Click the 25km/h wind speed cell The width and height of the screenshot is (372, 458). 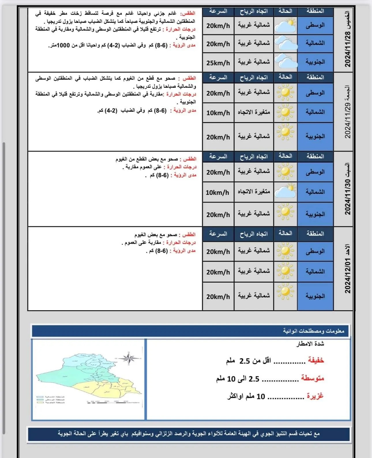(x=218, y=63)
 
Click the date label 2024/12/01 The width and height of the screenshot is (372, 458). (x=347, y=276)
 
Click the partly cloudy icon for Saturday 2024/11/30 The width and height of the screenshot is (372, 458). (x=285, y=191)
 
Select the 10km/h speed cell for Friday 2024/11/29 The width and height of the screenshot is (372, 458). (x=218, y=113)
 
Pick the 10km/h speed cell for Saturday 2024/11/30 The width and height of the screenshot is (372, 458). (x=217, y=192)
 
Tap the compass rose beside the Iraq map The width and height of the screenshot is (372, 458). (x=129, y=358)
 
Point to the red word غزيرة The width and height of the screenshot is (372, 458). (x=315, y=396)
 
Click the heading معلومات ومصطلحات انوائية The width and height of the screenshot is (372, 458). (x=313, y=331)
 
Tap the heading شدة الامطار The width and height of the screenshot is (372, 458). (x=310, y=344)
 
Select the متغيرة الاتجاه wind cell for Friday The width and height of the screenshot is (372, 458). (x=254, y=112)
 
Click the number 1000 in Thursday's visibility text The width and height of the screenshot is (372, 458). (x=63, y=45)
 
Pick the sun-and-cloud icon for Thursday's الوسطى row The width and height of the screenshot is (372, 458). (x=285, y=25)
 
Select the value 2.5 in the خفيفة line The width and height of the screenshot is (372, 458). (x=245, y=361)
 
